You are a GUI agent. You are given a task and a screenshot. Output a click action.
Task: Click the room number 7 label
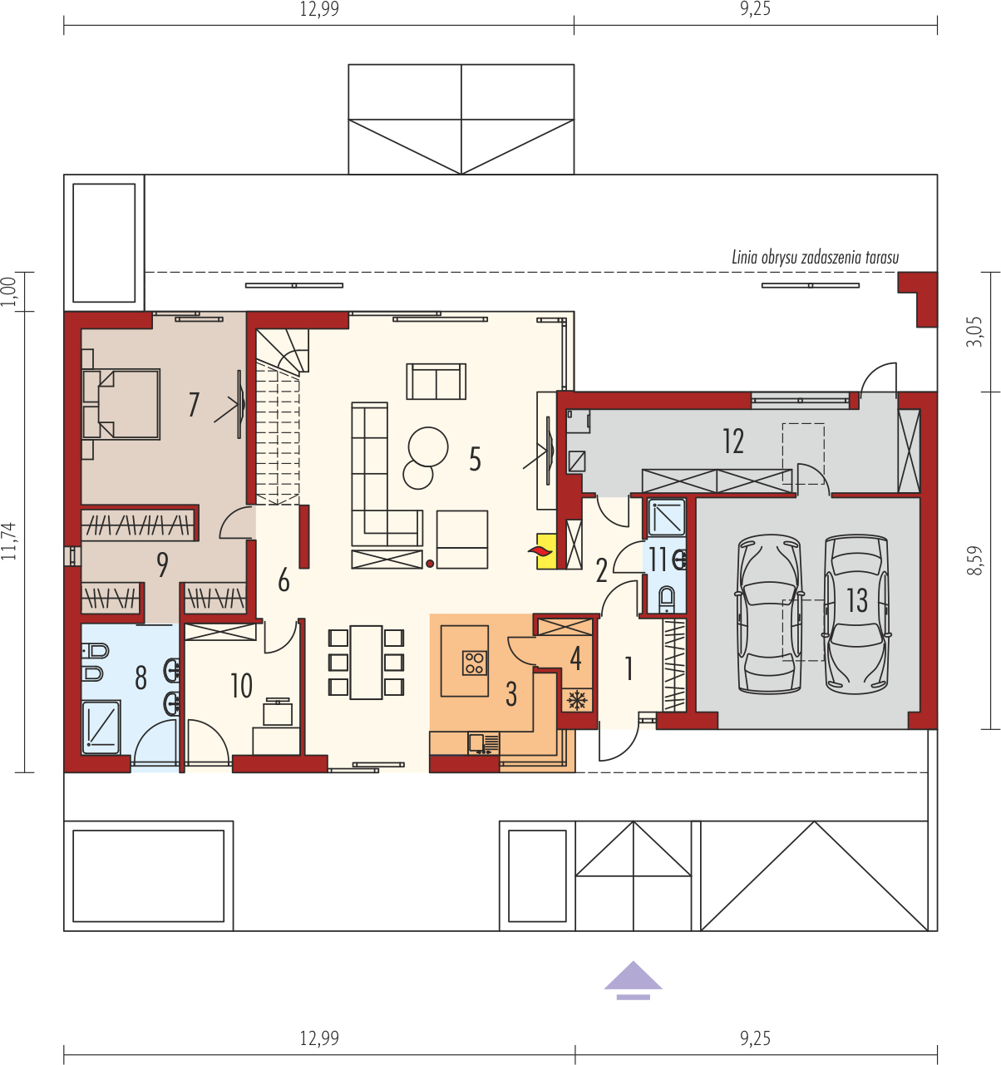pyautogui.click(x=194, y=405)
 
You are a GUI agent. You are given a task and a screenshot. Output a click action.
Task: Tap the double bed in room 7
pyautogui.click(x=121, y=404)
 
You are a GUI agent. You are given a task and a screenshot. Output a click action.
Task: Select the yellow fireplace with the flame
pyautogui.click(x=546, y=550)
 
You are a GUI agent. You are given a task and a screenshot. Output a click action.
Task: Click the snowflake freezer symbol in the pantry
pyautogui.click(x=577, y=700)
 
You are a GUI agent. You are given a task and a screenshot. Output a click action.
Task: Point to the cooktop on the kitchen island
pyautogui.click(x=474, y=663)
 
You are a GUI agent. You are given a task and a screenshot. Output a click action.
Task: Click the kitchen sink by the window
pyautogui.click(x=483, y=744)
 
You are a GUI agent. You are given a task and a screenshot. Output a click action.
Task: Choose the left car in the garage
pyautogui.click(x=770, y=614)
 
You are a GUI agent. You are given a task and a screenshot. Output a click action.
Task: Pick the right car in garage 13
pyautogui.click(x=856, y=614)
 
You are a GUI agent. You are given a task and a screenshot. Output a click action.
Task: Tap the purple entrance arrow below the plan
pyautogui.click(x=633, y=981)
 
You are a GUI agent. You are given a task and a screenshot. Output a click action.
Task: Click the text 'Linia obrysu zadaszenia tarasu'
pyautogui.click(x=816, y=258)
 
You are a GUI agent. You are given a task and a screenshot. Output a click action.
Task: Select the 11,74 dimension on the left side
pyautogui.click(x=10, y=541)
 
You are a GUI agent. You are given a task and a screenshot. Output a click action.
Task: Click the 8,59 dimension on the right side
pyautogui.click(x=975, y=561)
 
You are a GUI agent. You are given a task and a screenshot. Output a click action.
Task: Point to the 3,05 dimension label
pyautogui.click(x=975, y=332)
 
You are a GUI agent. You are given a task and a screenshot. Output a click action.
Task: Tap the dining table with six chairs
pyautogui.click(x=367, y=663)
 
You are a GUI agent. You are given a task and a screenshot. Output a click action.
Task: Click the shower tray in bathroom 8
pyautogui.click(x=101, y=727)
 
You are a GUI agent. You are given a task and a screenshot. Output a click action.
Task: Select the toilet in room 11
pyautogui.click(x=666, y=599)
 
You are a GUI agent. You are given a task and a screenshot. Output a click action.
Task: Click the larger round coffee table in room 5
pyautogui.click(x=428, y=446)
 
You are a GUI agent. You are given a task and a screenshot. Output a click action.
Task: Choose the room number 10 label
pyautogui.click(x=241, y=685)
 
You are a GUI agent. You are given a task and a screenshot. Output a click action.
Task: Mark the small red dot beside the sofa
pyautogui.click(x=430, y=564)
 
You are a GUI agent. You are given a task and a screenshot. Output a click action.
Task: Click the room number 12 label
pyautogui.click(x=733, y=441)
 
